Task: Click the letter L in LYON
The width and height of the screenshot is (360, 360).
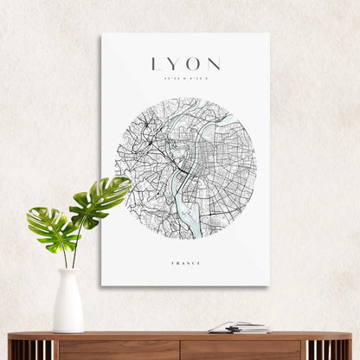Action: (x=156, y=65)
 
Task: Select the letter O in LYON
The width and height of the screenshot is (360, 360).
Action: (x=193, y=65)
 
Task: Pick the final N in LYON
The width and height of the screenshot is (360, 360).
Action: (x=213, y=65)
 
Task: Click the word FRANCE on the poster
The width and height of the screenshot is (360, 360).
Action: (x=185, y=263)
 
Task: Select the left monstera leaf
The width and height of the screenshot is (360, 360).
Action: (x=49, y=228)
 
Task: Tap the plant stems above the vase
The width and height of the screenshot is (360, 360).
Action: (x=69, y=255)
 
